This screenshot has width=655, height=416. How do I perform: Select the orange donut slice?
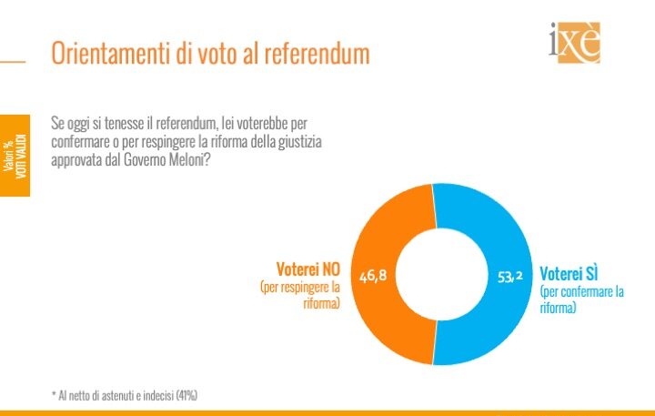point(368,273)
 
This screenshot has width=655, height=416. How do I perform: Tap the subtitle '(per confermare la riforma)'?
point(581,299)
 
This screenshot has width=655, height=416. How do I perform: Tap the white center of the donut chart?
point(435,274)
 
